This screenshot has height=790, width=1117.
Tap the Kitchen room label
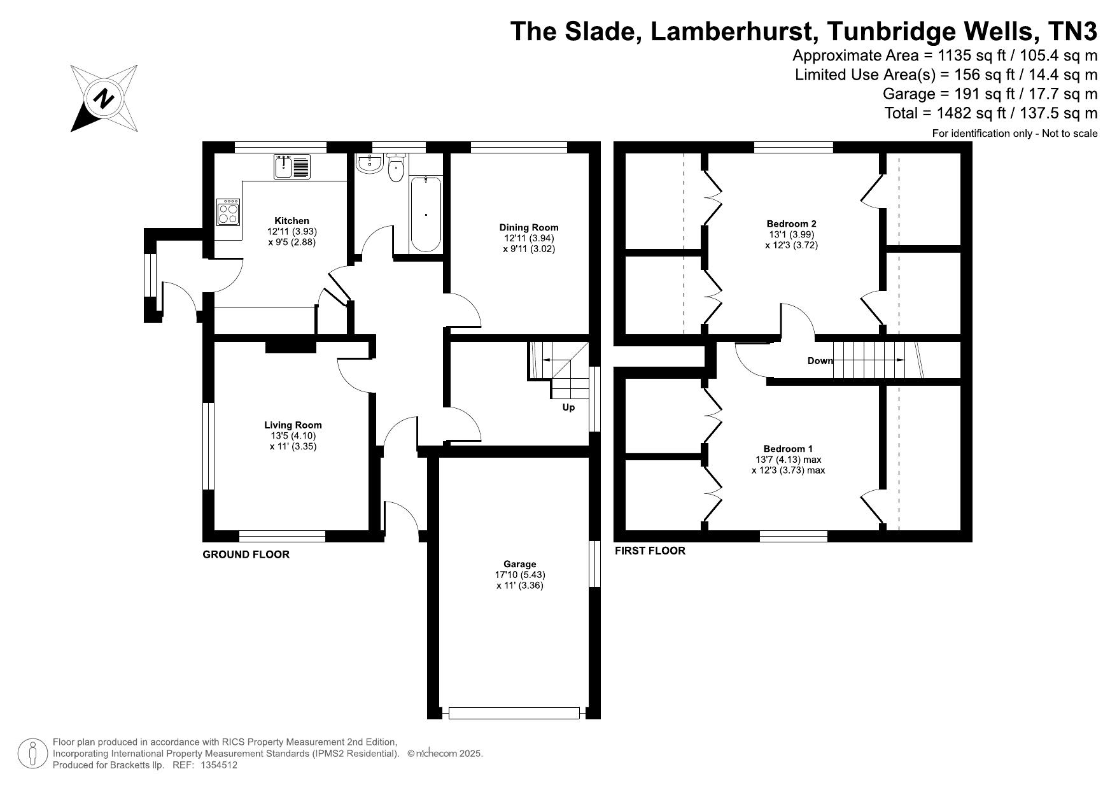click(x=292, y=221)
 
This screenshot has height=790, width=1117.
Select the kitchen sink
click(x=292, y=167)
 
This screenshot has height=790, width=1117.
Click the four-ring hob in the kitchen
click(x=229, y=211)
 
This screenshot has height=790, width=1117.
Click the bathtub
click(x=426, y=214)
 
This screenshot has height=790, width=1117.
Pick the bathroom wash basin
click(x=369, y=164)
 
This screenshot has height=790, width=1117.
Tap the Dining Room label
click(x=529, y=227)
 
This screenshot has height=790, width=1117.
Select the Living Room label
click(x=293, y=425)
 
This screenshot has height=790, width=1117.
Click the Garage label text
click(x=520, y=564)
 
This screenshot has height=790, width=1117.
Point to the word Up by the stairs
click(x=568, y=407)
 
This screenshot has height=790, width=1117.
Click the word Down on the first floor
click(x=820, y=361)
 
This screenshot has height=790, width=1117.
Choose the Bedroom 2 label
click(x=791, y=223)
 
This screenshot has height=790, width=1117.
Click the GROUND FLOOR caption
click(x=246, y=554)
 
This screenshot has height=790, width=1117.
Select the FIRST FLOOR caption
click(x=650, y=551)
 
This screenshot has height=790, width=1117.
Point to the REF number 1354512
click(x=218, y=766)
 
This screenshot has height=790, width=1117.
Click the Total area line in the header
click(x=991, y=113)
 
